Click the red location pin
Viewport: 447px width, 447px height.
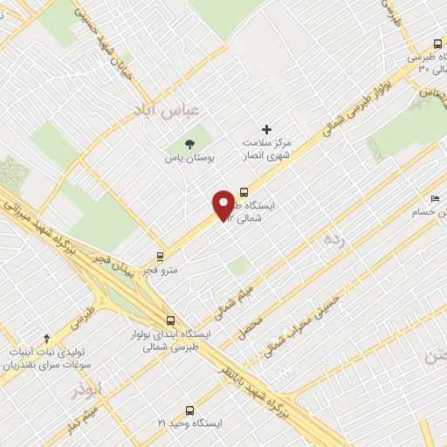click(223, 204)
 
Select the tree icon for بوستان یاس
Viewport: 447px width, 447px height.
click(189, 144)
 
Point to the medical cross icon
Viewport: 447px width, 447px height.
click(267, 129)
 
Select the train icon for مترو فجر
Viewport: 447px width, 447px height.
click(160, 256)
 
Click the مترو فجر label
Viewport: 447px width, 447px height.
click(162, 270)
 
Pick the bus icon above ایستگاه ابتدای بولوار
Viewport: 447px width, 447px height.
click(170, 320)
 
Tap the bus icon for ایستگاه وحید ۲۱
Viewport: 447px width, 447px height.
click(189, 409)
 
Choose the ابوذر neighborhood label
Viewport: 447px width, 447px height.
click(87, 388)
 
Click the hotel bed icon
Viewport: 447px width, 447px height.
click(437, 200)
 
